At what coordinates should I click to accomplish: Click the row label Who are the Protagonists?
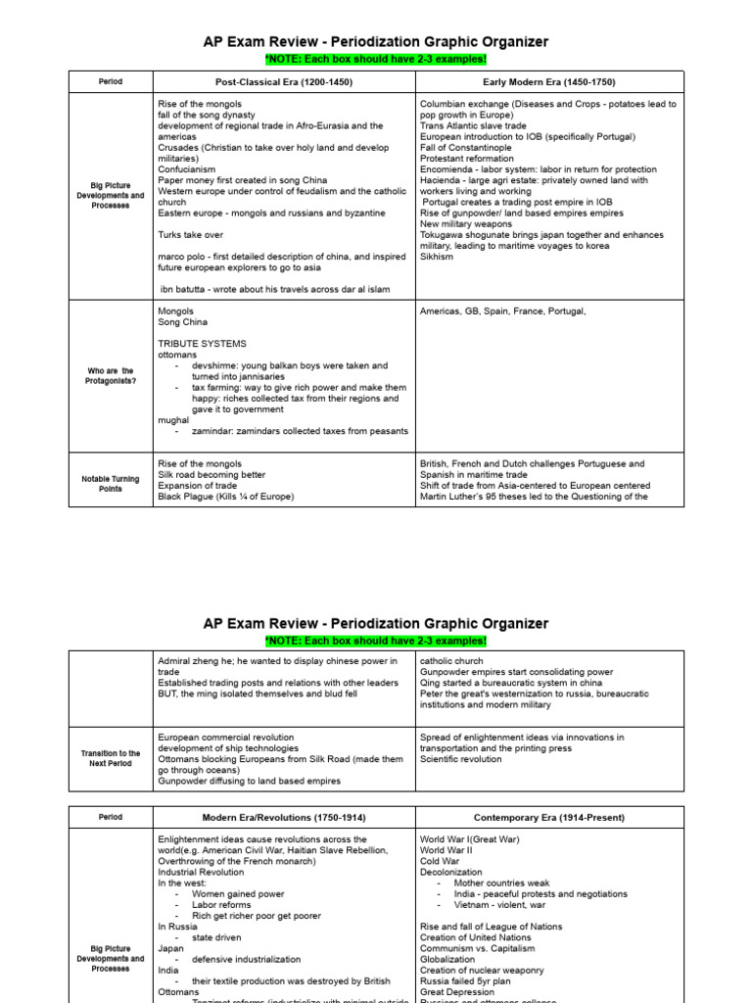110,374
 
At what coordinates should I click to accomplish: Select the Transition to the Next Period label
110,759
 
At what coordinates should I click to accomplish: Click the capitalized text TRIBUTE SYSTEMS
202,344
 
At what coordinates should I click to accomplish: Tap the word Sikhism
437,258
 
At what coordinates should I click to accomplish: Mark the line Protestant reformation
467,159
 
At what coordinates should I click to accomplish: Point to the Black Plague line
225,497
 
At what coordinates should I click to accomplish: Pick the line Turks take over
191,235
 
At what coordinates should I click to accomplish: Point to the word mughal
173,420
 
